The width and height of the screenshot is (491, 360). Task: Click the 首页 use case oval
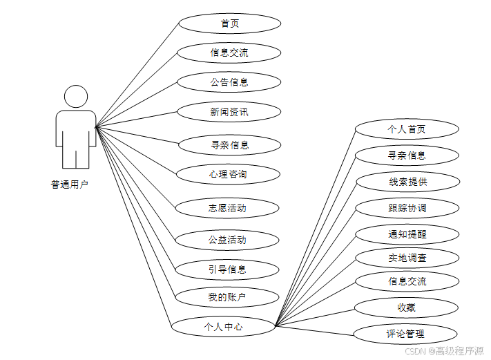(229, 23)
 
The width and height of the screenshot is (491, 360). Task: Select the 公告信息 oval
(229, 82)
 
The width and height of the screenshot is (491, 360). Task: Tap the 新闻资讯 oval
(229, 111)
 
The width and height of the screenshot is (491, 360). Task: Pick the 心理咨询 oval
(228, 174)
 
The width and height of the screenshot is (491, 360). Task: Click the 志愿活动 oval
(228, 207)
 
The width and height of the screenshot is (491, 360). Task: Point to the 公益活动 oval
(228, 240)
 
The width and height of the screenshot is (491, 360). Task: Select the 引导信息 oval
(228, 269)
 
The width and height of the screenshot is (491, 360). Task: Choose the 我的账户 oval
(228, 298)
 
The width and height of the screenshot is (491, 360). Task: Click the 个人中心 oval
(223, 326)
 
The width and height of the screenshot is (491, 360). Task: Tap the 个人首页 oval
(407, 129)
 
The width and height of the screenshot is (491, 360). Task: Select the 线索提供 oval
(407, 182)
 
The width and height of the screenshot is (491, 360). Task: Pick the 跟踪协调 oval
(407, 208)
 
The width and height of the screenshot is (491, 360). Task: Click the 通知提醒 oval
(407, 234)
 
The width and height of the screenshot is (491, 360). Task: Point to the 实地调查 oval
(407, 258)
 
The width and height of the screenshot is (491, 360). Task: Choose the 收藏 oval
(407, 307)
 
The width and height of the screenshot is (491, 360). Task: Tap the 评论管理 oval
(407, 334)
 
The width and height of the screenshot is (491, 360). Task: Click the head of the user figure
(76, 97)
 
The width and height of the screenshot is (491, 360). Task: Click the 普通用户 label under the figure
(70, 184)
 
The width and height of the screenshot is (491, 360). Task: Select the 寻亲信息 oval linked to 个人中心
(407, 155)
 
